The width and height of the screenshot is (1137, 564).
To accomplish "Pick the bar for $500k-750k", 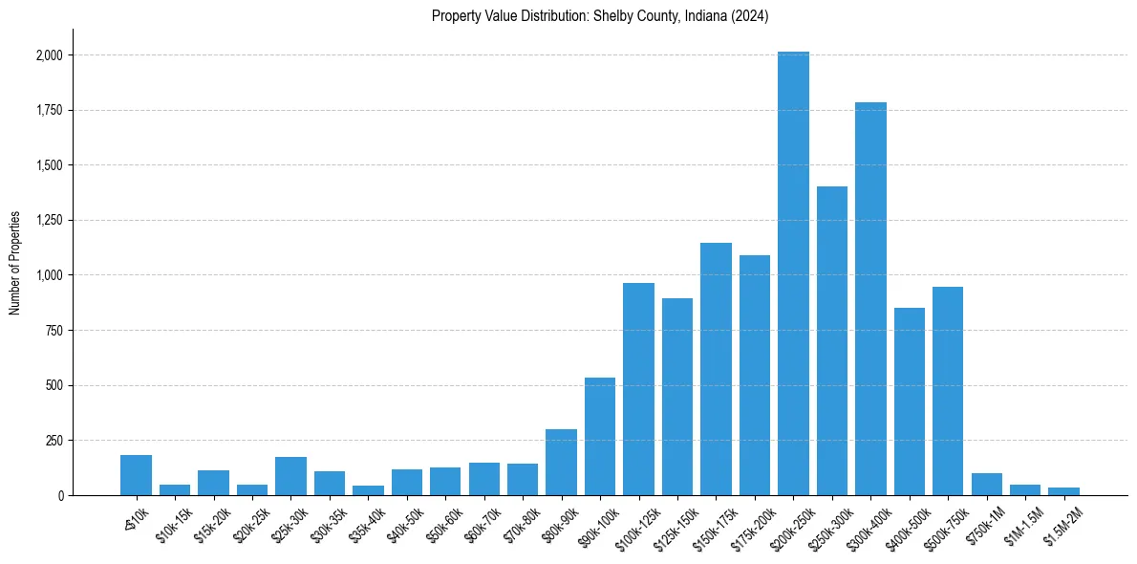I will (x=948, y=391).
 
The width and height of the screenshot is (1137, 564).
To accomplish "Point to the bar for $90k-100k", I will (x=600, y=436).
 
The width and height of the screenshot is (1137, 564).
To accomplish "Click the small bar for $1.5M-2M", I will (x=1063, y=491).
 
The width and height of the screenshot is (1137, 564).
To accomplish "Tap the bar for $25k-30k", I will (x=290, y=476).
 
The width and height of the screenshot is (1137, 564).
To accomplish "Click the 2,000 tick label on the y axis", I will (x=50, y=55).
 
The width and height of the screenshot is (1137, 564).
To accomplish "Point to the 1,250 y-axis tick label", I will (x=50, y=221).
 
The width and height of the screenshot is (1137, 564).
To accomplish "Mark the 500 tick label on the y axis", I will (x=55, y=386).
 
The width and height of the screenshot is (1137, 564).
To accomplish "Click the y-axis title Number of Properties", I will (x=15, y=263).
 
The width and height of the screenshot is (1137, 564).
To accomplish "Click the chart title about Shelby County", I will (x=600, y=15).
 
